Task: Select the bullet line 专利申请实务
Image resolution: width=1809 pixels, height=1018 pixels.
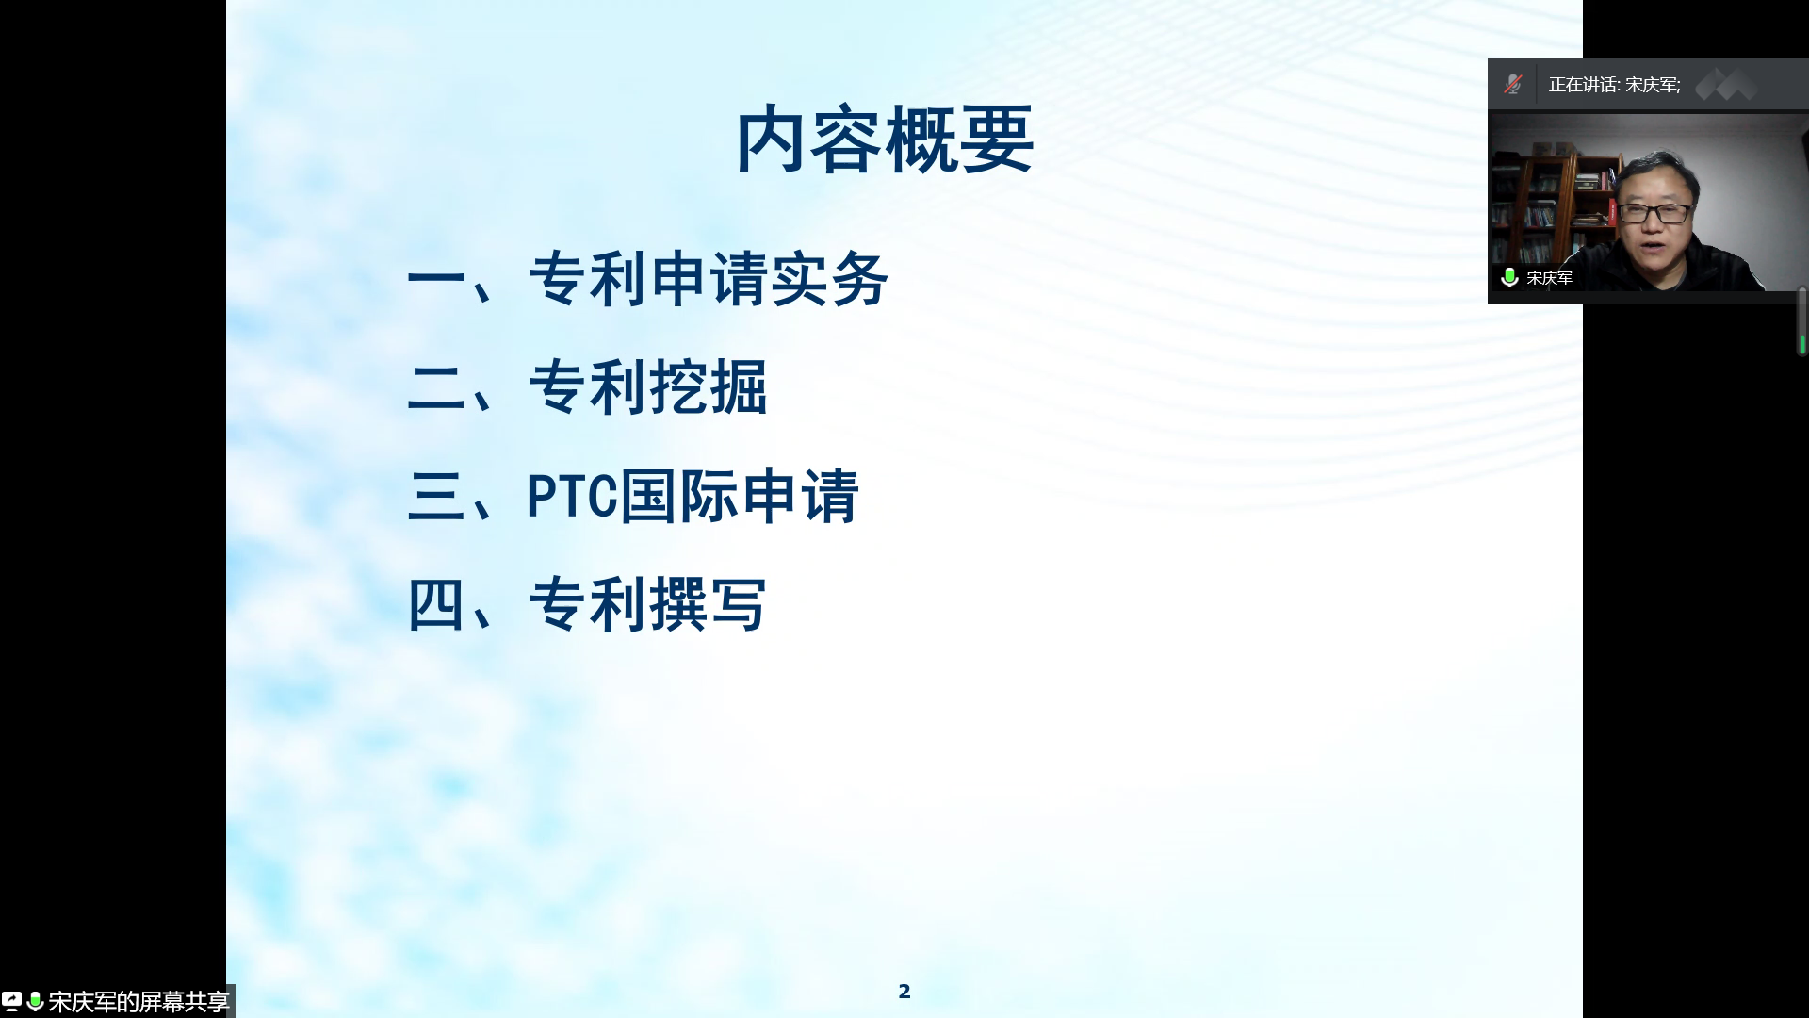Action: [709, 280]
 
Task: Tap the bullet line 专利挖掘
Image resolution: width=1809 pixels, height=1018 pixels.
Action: [648, 387]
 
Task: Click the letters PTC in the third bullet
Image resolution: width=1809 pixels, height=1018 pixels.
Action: [571, 496]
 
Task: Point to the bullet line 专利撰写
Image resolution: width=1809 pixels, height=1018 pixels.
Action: [648, 604]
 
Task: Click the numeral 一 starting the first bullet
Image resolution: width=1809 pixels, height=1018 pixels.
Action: [436, 279]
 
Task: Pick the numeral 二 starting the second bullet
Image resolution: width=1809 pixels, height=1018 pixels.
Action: [436, 387]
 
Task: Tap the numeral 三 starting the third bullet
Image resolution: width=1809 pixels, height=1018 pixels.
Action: [436, 496]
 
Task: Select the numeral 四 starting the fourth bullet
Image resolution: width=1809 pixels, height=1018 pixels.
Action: [436, 604]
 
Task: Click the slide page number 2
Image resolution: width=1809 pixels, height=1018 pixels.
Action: [904, 991]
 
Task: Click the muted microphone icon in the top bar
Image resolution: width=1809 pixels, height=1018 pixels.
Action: [1513, 85]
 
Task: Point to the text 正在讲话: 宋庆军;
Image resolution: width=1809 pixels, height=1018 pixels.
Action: [1615, 85]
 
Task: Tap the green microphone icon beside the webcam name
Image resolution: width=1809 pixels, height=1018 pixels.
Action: [1509, 277]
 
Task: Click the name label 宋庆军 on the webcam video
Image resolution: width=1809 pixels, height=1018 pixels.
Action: [1550, 278]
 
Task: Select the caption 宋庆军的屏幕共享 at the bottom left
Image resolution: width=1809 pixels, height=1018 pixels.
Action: [139, 1001]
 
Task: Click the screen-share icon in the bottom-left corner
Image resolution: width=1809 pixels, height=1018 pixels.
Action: [11, 1001]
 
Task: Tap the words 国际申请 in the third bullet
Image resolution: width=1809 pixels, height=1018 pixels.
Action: [740, 496]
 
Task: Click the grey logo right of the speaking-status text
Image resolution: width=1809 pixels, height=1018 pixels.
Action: [1726, 85]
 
